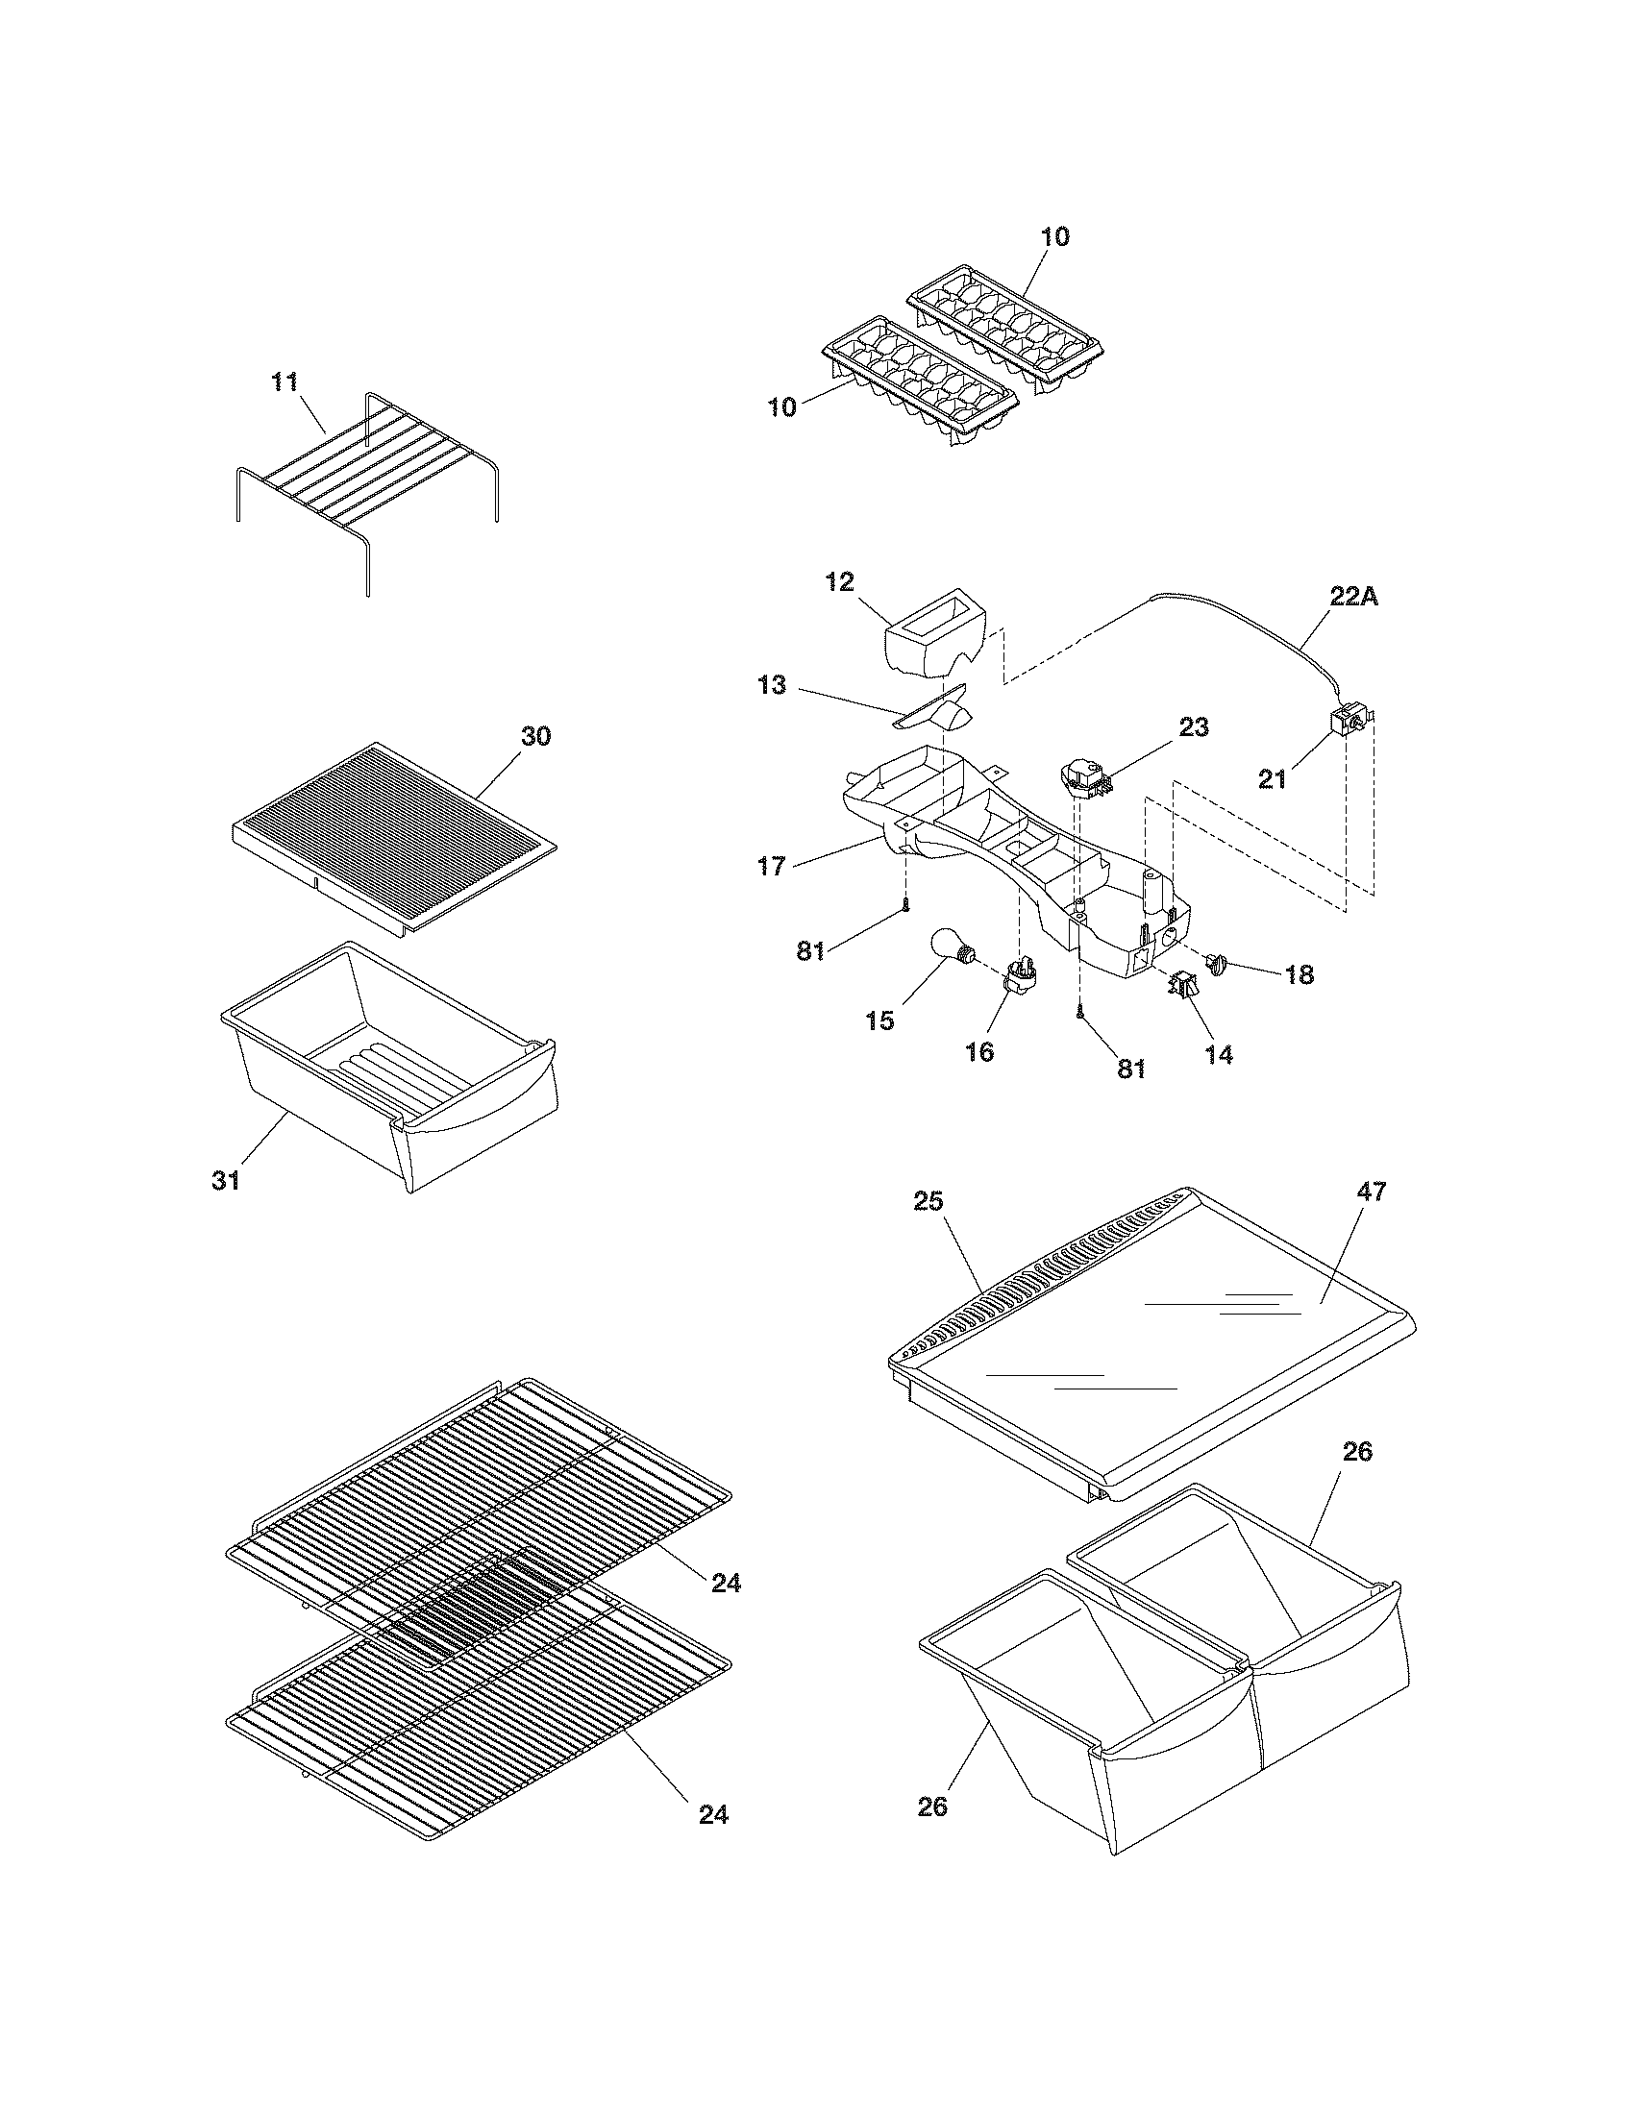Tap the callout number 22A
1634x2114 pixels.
point(1353,598)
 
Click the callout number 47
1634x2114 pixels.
point(1372,1192)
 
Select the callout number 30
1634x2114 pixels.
point(535,736)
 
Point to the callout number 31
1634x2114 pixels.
point(226,1181)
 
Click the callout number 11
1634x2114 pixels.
point(285,382)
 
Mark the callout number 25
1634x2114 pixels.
point(928,1201)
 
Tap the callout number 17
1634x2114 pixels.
point(772,866)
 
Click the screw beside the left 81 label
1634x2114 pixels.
point(905,905)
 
